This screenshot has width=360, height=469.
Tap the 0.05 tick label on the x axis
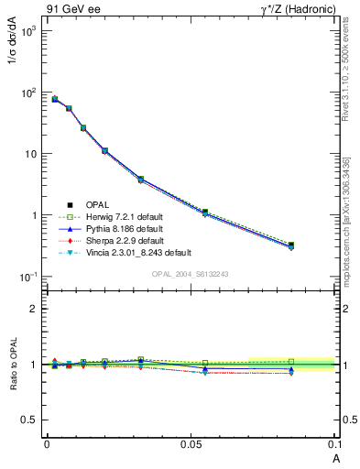[190, 443]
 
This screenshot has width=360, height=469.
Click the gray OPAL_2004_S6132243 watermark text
[190, 274]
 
